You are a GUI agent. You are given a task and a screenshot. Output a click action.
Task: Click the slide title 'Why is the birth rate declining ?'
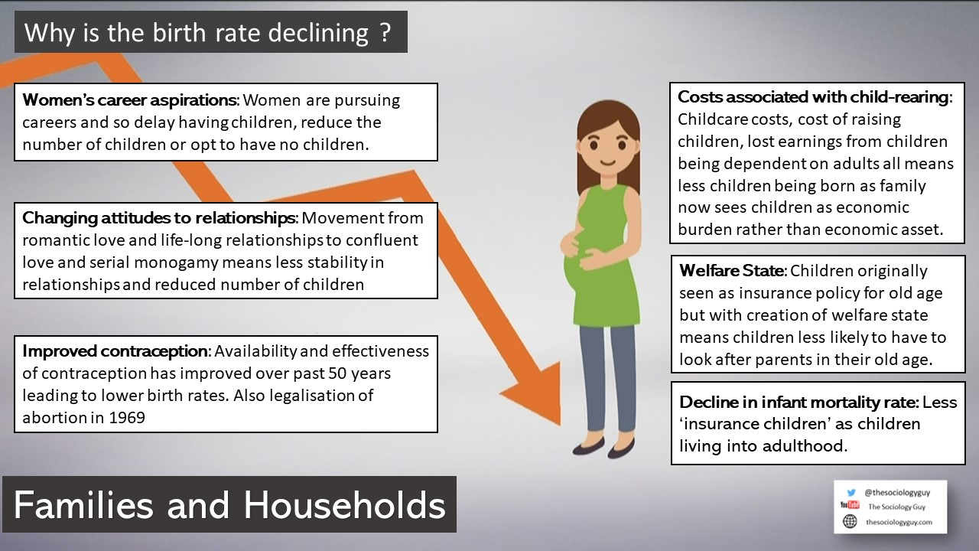[x=207, y=32]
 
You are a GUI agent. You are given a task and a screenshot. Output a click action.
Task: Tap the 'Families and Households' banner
[x=229, y=505]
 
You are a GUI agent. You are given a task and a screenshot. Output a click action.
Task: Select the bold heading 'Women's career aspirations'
[x=131, y=100]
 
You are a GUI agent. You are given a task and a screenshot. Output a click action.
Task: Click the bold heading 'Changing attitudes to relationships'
[x=157, y=218]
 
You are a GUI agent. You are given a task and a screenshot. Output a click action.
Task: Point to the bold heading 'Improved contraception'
[x=115, y=351]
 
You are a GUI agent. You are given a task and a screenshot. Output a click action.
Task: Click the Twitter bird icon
[x=851, y=493]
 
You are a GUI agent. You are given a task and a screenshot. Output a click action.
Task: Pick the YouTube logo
[x=850, y=506]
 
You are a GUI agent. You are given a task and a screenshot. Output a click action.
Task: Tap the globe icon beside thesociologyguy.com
[x=850, y=521]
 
